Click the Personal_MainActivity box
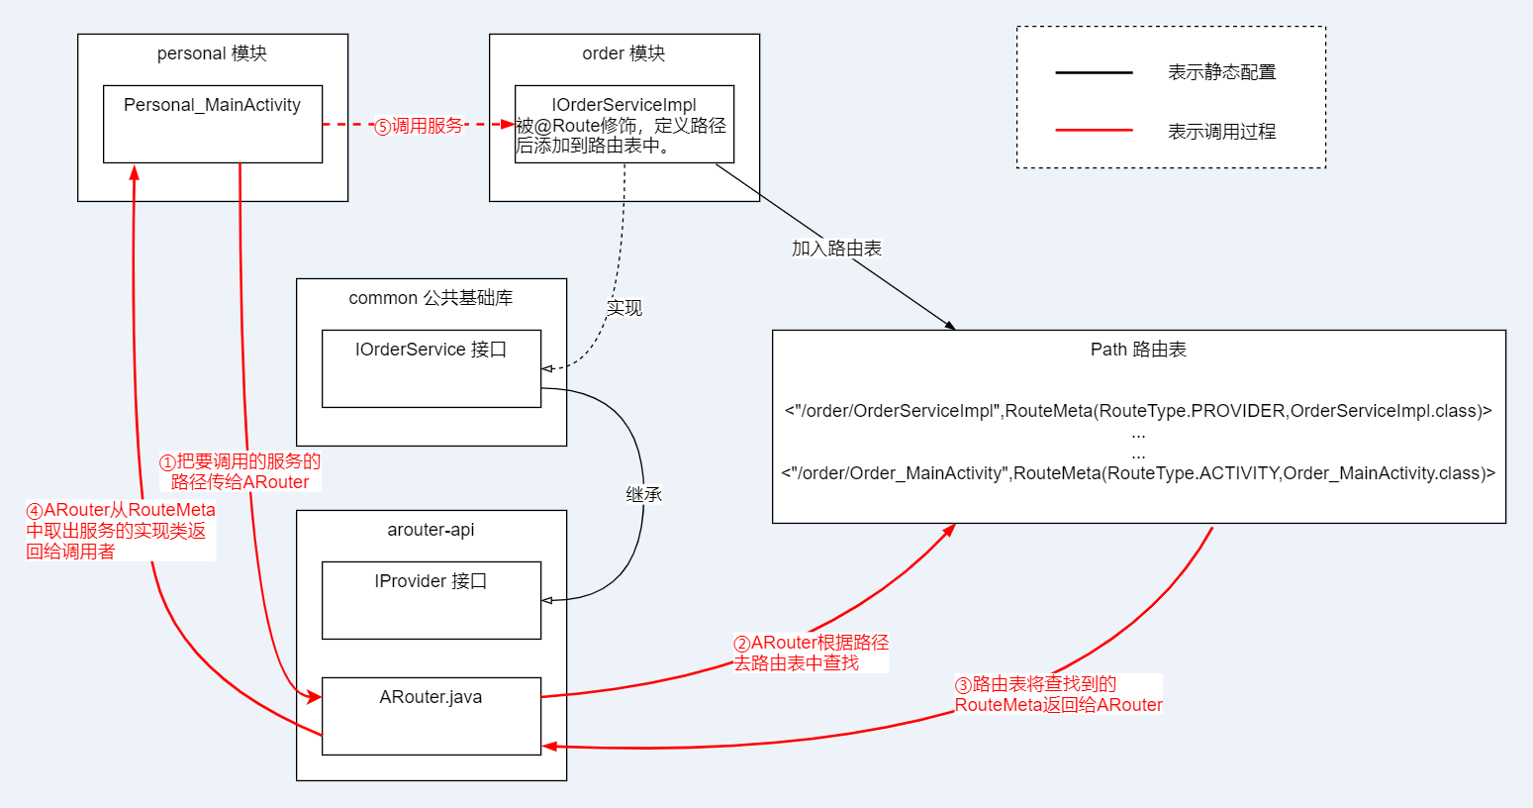(x=213, y=124)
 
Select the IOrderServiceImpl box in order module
(x=623, y=124)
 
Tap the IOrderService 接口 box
(x=431, y=368)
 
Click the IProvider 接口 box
(x=431, y=600)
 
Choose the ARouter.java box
(x=431, y=716)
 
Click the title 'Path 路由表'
(x=1138, y=350)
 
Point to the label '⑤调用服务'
(x=419, y=126)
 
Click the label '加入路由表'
(x=836, y=249)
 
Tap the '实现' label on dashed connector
(x=624, y=308)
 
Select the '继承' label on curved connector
(x=643, y=494)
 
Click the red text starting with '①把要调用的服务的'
(x=240, y=472)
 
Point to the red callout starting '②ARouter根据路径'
(x=811, y=654)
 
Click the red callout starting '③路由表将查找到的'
(x=1057, y=694)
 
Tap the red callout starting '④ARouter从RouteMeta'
(x=120, y=531)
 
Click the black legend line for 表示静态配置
(x=1094, y=72)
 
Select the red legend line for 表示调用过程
(x=1094, y=130)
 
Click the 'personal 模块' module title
(x=212, y=53)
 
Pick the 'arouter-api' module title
(x=431, y=530)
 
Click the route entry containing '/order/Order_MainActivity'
(x=1138, y=473)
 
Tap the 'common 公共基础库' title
(x=431, y=298)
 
